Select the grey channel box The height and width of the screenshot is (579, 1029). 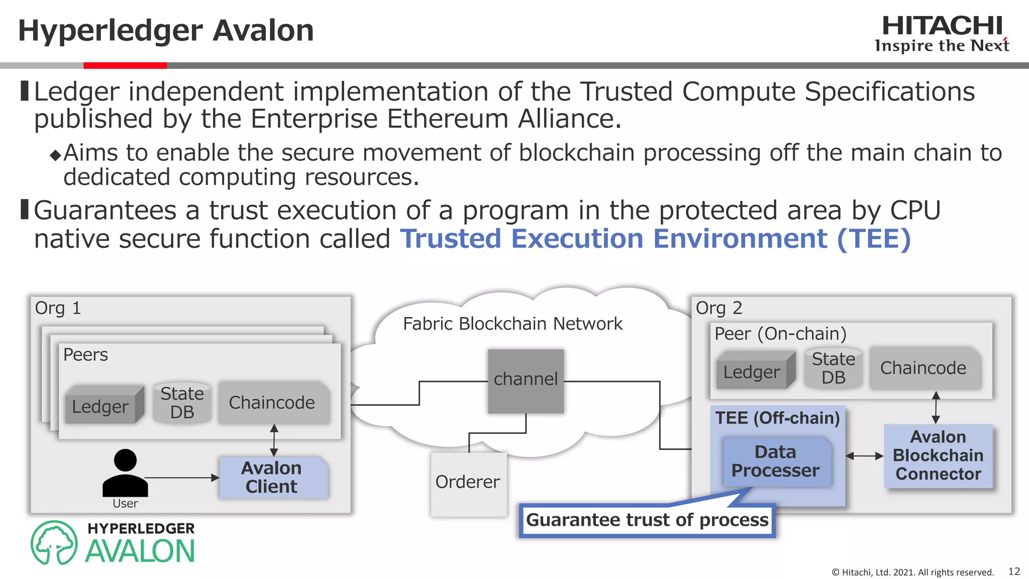(526, 381)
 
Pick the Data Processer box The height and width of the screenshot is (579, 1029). (776, 461)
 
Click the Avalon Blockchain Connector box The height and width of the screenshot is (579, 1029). (938, 456)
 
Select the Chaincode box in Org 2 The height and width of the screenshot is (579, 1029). (923, 368)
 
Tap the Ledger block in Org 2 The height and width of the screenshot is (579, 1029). (753, 372)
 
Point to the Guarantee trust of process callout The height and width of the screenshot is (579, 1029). (647, 520)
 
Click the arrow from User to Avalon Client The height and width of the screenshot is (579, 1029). (181, 477)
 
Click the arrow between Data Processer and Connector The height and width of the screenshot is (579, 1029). (864, 456)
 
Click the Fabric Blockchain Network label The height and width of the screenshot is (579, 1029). (512, 324)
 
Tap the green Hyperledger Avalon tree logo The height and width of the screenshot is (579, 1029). (54, 543)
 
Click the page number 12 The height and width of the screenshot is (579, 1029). (1014, 571)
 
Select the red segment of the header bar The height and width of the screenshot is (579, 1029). (125, 65)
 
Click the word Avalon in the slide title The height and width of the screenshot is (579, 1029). (263, 31)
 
